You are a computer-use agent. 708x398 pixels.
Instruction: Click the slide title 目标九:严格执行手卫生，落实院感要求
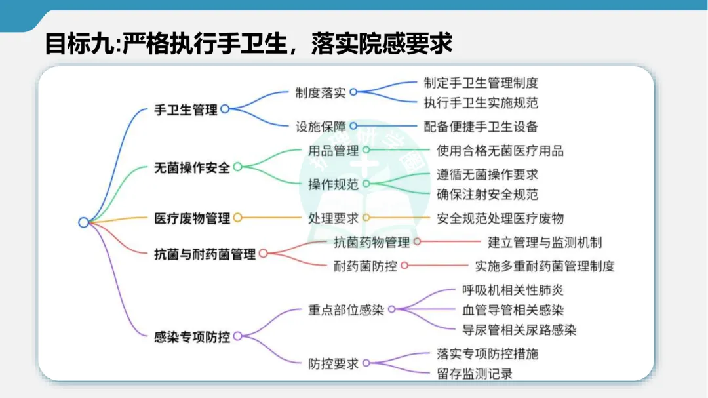coord(248,45)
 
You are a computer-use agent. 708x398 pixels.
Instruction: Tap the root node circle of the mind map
coord(83,222)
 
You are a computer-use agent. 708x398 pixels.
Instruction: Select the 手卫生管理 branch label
coord(186,110)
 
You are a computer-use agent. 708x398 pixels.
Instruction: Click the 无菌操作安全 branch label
coord(192,167)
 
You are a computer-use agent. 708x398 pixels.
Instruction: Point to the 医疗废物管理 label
coord(192,218)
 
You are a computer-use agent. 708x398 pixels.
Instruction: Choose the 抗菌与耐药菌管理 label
coord(205,254)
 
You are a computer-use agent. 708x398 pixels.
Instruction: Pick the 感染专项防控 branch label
coord(192,337)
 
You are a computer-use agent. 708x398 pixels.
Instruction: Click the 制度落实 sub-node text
coord(321,92)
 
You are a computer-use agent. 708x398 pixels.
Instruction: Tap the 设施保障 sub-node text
coord(321,126)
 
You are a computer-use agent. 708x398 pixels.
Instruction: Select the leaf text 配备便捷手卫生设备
coord(481,126)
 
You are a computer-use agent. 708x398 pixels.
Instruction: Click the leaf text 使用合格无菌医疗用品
coord(500,150)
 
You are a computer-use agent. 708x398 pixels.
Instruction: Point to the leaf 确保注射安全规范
coord(488,194)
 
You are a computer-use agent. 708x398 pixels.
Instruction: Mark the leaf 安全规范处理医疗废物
coord(500,218)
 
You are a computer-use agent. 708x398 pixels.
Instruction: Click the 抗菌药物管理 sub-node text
coord(372,242)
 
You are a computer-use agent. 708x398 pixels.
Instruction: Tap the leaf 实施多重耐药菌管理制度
coord(545,266)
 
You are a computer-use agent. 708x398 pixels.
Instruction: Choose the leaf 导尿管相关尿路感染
coord(519,330)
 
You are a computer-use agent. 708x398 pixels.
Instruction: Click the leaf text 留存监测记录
coord(475,374)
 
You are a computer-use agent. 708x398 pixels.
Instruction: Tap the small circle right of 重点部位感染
coord(391,309)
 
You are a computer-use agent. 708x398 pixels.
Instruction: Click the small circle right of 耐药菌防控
coord(404,266)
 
